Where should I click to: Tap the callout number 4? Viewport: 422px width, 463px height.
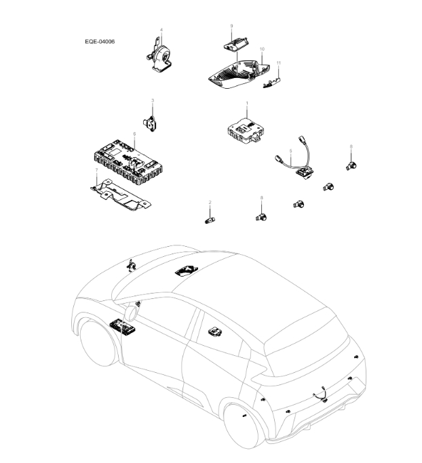tap(161, 30)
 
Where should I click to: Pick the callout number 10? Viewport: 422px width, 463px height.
tap(262, 49)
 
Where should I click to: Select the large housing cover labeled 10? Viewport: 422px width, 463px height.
tap(237, 73)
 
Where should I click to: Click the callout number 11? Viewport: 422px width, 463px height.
tap(278, 62)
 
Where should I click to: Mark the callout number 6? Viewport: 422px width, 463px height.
tap(134, 134)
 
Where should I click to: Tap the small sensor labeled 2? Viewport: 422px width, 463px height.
tap(210, 220)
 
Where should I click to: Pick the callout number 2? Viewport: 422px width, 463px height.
tap(210, 203)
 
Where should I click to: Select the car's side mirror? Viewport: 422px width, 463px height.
tap(130, 313)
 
